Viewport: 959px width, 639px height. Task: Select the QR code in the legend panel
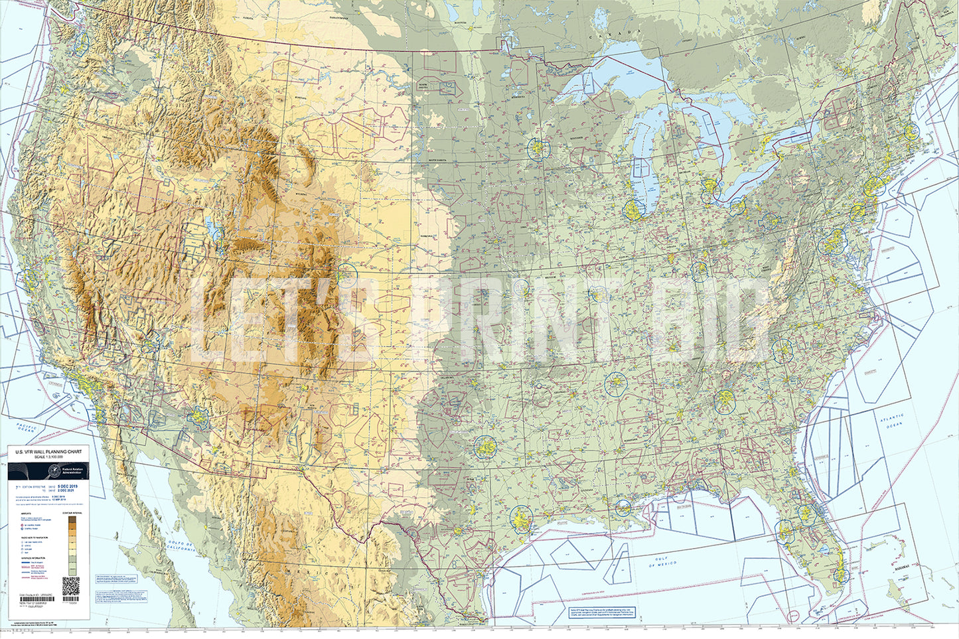70,585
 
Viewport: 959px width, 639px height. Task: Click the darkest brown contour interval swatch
72,522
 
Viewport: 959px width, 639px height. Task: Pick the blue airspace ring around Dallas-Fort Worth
485,448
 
